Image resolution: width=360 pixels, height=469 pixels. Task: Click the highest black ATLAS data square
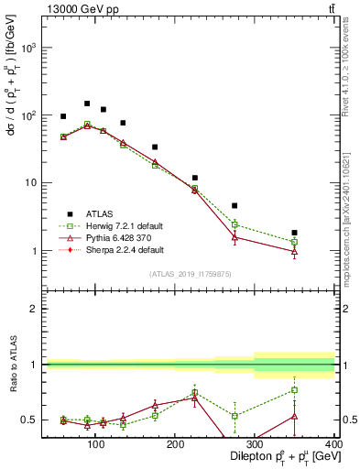coord(87,104)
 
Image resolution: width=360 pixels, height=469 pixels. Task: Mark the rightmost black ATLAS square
coord(320,233)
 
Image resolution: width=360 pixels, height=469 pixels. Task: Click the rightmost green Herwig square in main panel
coord(320,242)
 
